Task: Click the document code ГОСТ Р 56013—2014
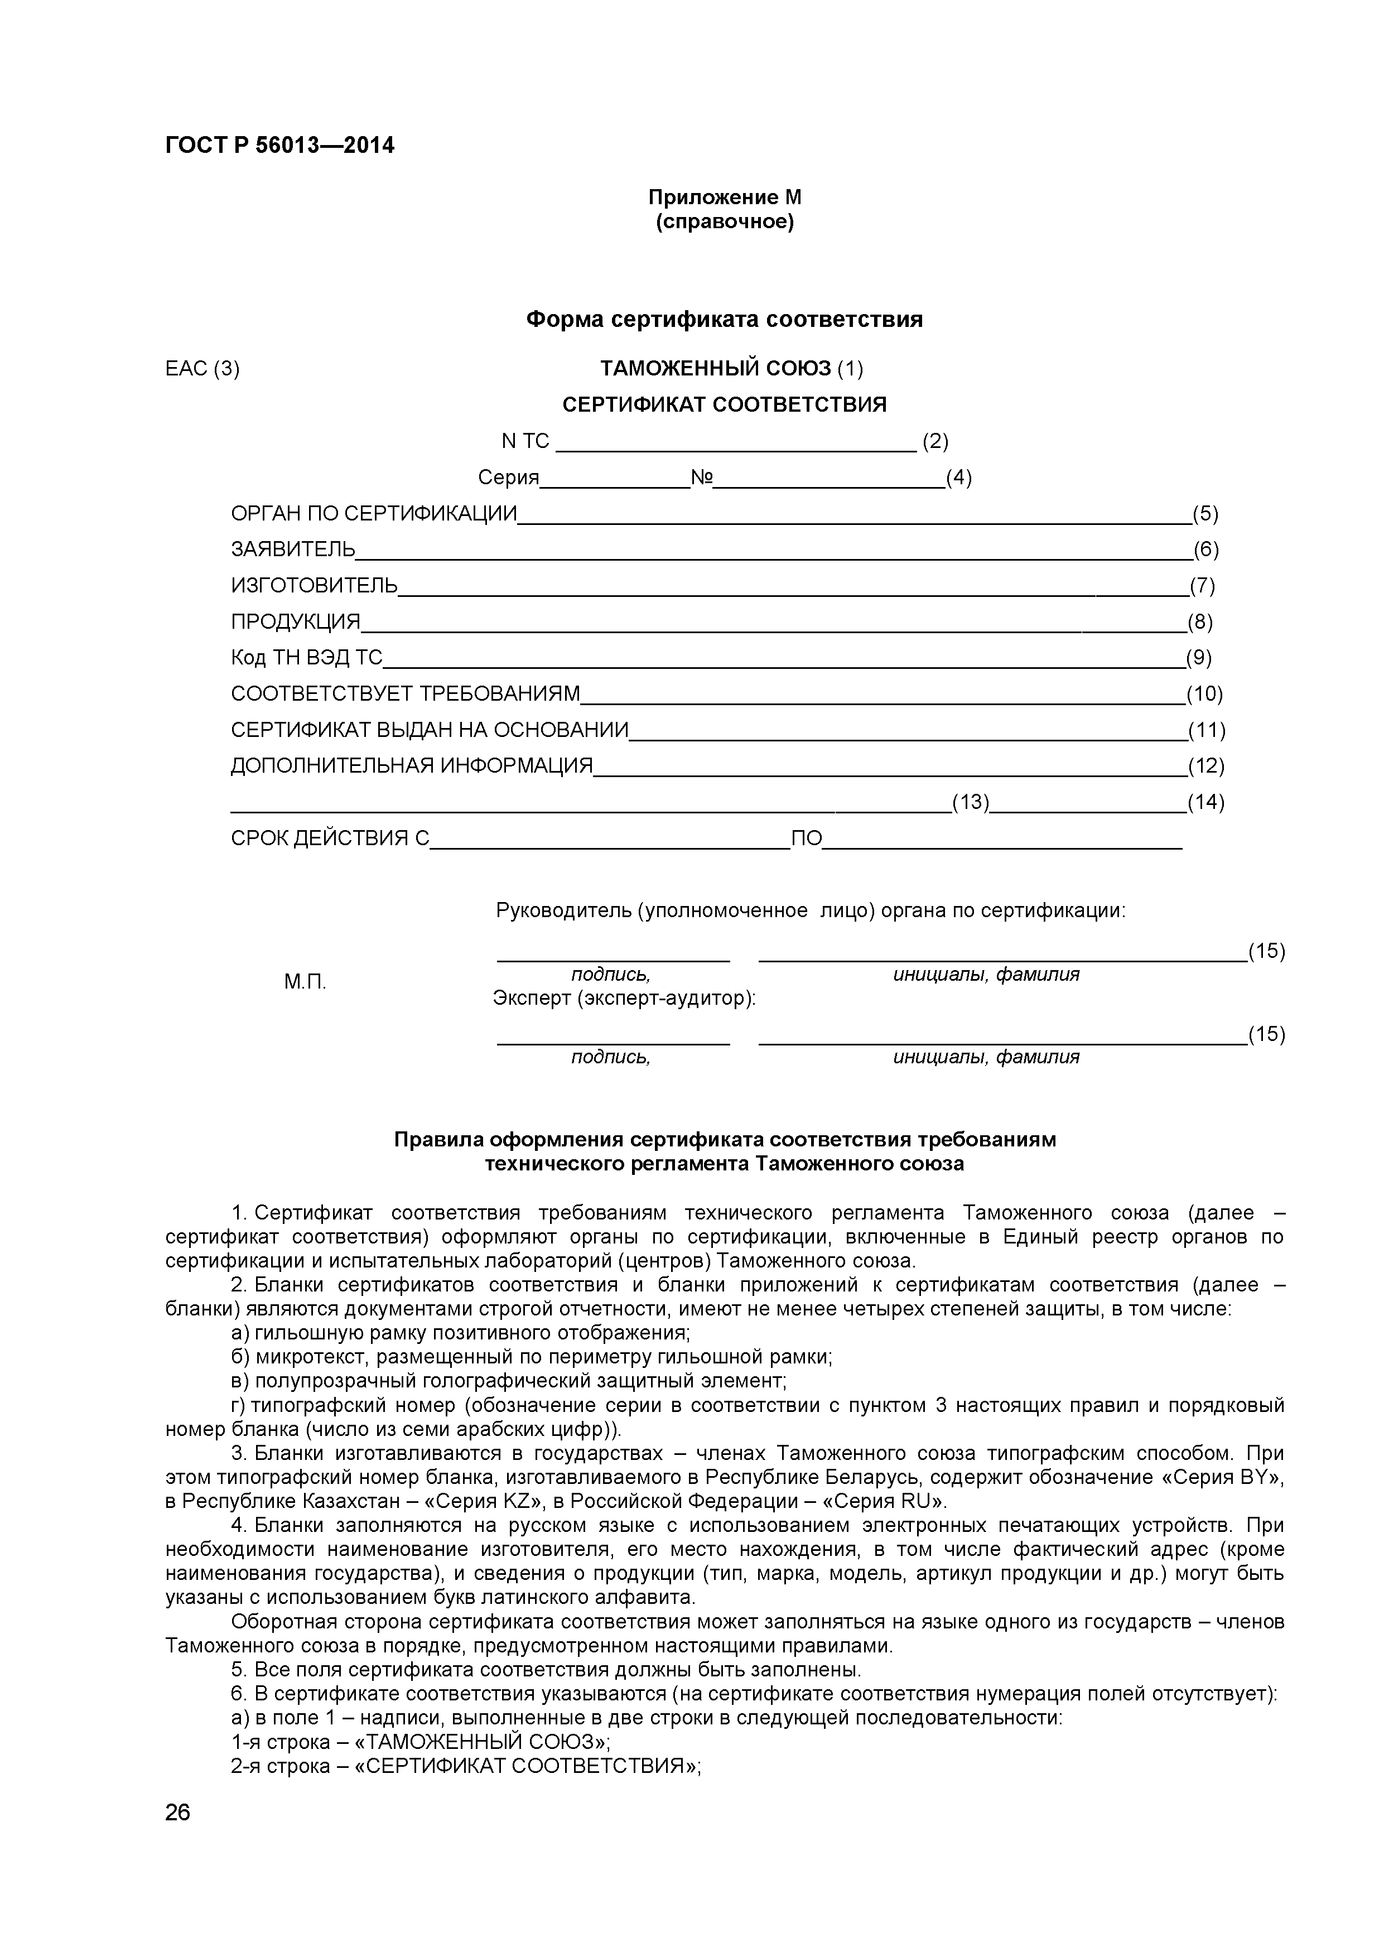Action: tap(279, 146)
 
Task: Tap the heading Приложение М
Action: tap(725, 197)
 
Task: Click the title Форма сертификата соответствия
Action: tap(725, 320)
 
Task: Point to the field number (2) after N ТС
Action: tap(935, 441)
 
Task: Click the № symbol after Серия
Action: tap(701, 478)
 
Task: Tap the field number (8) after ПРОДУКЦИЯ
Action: tap(1200, 621)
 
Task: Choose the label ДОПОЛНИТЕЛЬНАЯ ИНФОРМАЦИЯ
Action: tap(412, 765)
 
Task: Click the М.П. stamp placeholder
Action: tap(305, 982)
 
